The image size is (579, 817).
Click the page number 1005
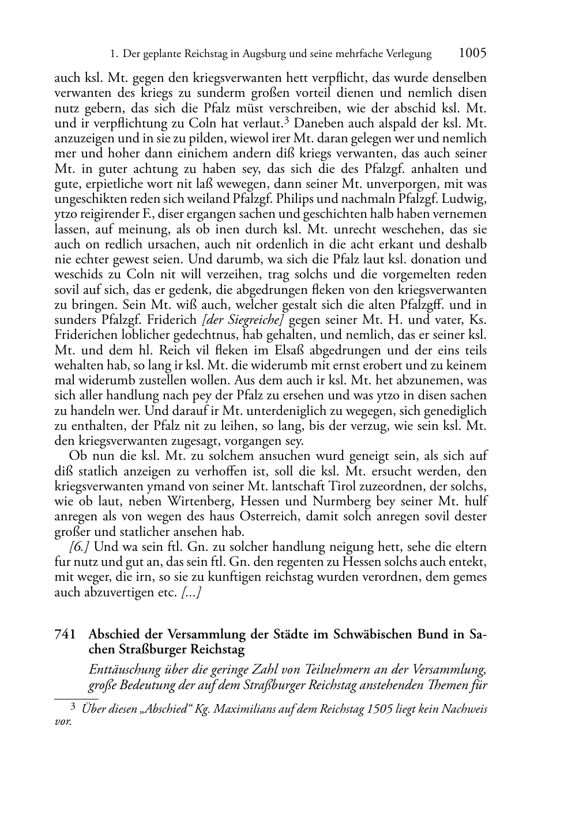[x=472, y=53]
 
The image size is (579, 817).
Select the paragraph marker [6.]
[x=78, y=546]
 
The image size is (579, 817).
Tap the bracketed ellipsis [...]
[x=190, y=592]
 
